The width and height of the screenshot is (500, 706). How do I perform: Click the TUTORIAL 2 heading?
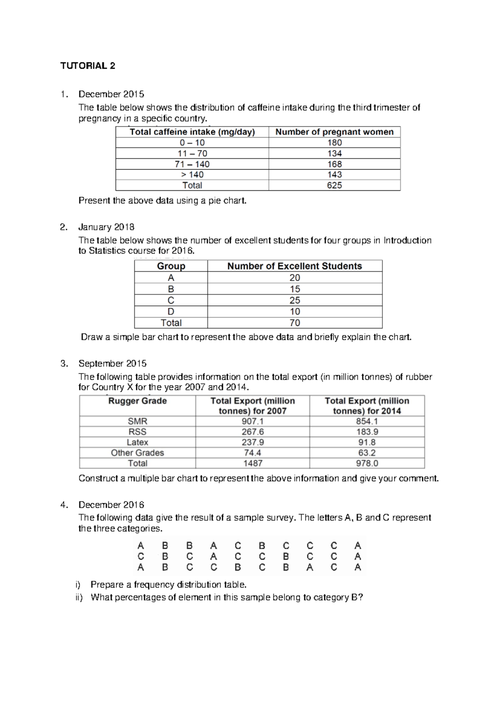click(x=87, y=66)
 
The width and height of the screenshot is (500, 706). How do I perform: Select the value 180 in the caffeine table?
click(x=334, y=143)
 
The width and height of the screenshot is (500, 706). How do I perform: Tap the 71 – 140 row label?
click(x=192, y=164)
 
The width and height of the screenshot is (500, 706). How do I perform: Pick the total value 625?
click(x=334, y=185)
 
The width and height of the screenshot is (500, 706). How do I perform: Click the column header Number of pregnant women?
click(x=334, y=132)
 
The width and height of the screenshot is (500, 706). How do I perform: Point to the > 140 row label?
click(x=192, y=175)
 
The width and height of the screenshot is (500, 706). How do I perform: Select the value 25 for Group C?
click(x=295, y=300)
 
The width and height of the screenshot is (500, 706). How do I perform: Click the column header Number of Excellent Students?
click(x=295, y=266)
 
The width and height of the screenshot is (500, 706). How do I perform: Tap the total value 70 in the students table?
click(x=295, y=323)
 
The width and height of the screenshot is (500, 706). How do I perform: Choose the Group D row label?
click(x=171, y=311)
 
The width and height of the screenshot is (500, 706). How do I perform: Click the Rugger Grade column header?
click(x=137, y=401)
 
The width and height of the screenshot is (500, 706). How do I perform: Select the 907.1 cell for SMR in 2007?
click(x=252, y=421)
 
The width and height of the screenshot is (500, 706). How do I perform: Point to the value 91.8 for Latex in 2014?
click(x=367, y=442)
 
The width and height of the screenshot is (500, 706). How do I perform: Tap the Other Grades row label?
click(x=137, y=452)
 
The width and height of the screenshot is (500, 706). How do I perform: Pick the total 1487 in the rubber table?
click(x=252, y=463)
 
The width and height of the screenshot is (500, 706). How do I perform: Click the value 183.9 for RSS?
click(x=367, y=432)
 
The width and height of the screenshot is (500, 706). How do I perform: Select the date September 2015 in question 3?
click(x=112, y=363)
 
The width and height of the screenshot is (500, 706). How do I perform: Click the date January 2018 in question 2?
click(x=106, y=227)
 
